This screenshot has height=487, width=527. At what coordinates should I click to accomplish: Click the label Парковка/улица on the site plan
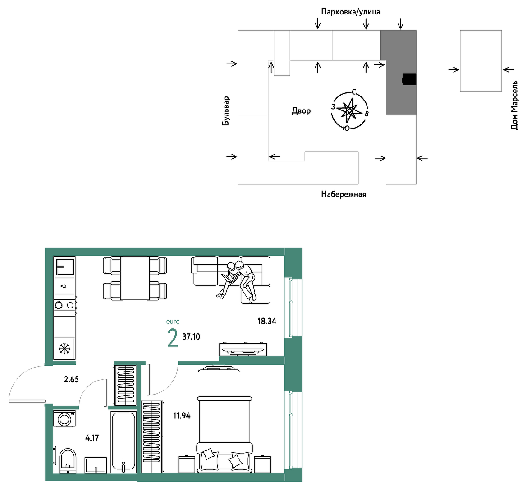tap(351, 12)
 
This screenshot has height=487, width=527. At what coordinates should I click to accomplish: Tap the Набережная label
tap(344, 194)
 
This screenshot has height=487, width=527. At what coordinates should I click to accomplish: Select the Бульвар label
tap(226, 111)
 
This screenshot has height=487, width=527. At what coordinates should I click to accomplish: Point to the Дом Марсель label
tap(514, 105)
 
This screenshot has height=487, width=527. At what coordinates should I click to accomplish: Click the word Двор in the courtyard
tap(301, 111)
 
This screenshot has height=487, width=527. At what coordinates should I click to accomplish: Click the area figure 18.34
tap(267, 322)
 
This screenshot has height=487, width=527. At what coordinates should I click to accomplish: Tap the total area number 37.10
tap(191, 336)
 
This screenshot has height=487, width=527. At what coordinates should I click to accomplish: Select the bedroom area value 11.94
tap(182, 416)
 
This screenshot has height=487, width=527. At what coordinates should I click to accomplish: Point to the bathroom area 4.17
tap(92, 438)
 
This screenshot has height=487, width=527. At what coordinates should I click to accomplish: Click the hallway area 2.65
tap(71, 379)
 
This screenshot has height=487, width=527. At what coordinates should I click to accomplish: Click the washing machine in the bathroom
tap(64, 419)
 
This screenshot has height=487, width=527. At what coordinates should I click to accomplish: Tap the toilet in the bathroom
tap(68, 460)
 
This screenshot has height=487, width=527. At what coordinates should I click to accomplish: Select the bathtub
tap(124, 441)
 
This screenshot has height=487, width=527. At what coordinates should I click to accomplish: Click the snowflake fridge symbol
tap(64, 349)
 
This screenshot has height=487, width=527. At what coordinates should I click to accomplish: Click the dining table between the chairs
tap(135, 278)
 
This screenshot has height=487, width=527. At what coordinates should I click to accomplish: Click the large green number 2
tap(172, 338)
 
